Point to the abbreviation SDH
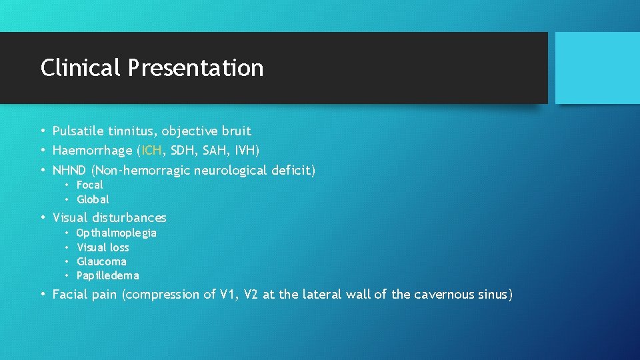click(x=185, y=151)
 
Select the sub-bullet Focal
click(x=90, y=185)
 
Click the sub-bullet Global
click(x=93, y=199)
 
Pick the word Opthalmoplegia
click(x=117, y=233)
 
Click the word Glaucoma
click(x=101, y=261)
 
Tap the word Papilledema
click(x=108, y=275)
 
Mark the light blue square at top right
click(x=597, y=68)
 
